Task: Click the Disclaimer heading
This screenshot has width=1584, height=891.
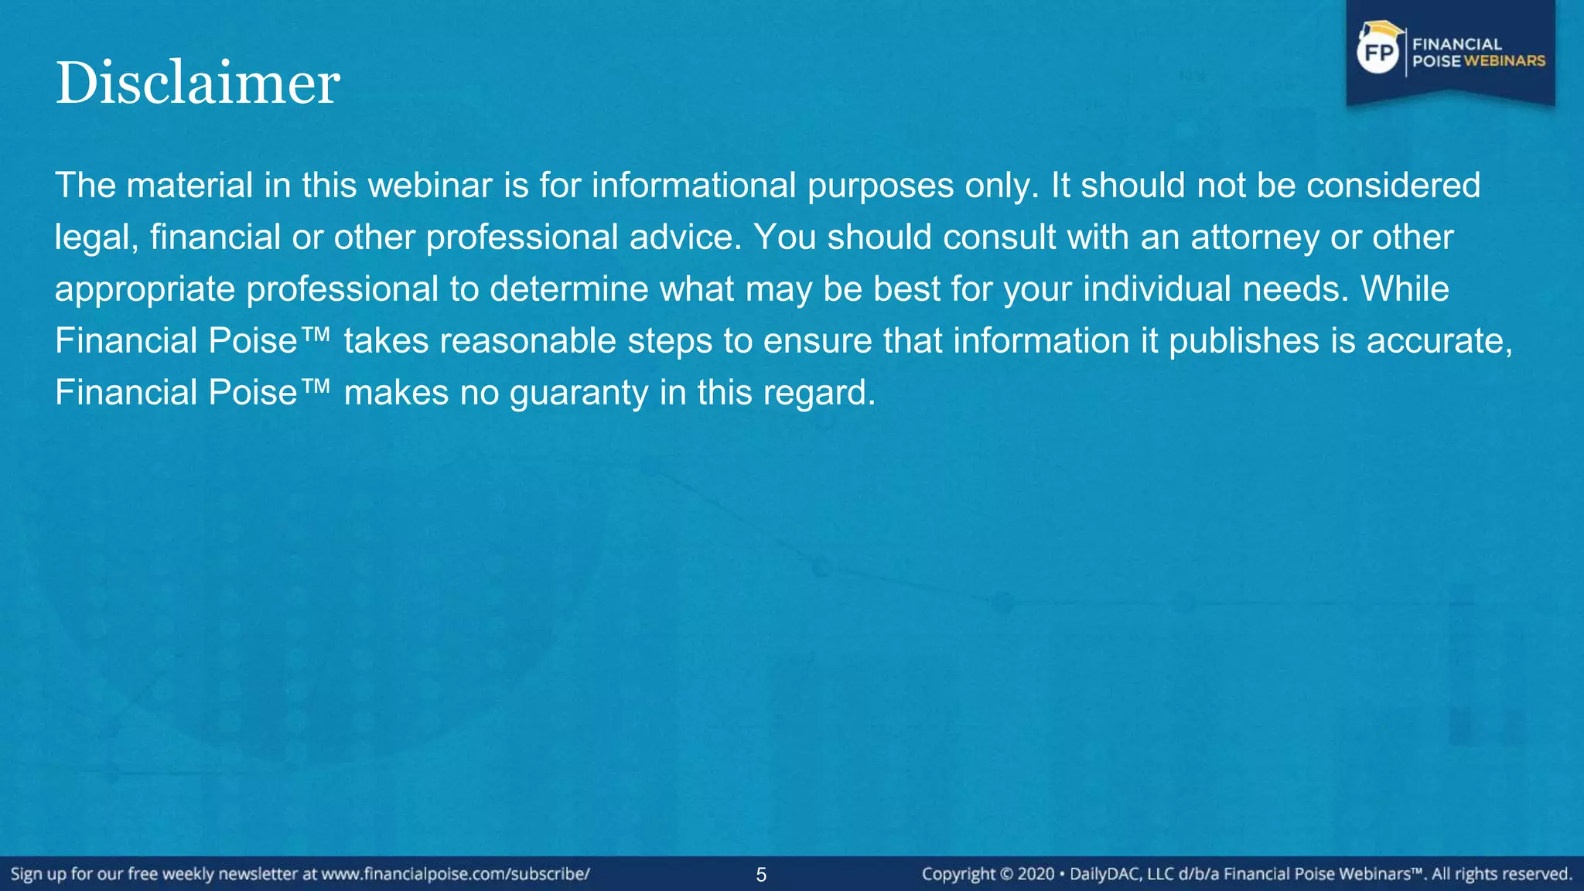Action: click(197, 83)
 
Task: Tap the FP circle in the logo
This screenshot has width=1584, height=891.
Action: click(1378, 53)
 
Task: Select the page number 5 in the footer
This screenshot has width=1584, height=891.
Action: click(761, 875)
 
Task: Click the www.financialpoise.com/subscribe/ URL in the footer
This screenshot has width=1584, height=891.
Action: click(456, 874)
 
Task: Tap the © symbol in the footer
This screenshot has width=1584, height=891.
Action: click(1006, 874)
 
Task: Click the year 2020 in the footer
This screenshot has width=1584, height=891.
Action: click(1036, 874)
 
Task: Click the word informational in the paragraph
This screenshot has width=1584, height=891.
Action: click(694, 186)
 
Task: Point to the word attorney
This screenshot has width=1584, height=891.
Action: click(1255, 237)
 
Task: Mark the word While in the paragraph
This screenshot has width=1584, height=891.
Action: click(1405, 289)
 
